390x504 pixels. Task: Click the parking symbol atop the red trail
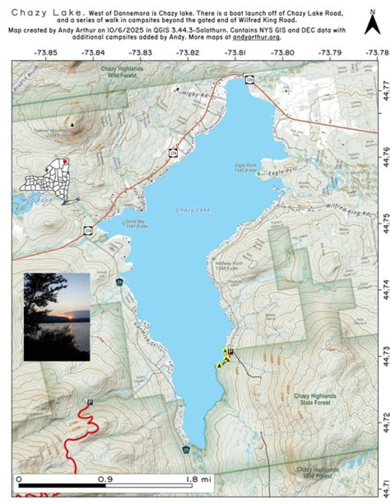[x=90, y=402]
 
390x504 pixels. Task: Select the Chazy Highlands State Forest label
[x=315, y=400]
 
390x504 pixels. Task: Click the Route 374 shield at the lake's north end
[x=249, y=80]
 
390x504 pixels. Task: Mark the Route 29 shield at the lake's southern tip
[x=186, y=450]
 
